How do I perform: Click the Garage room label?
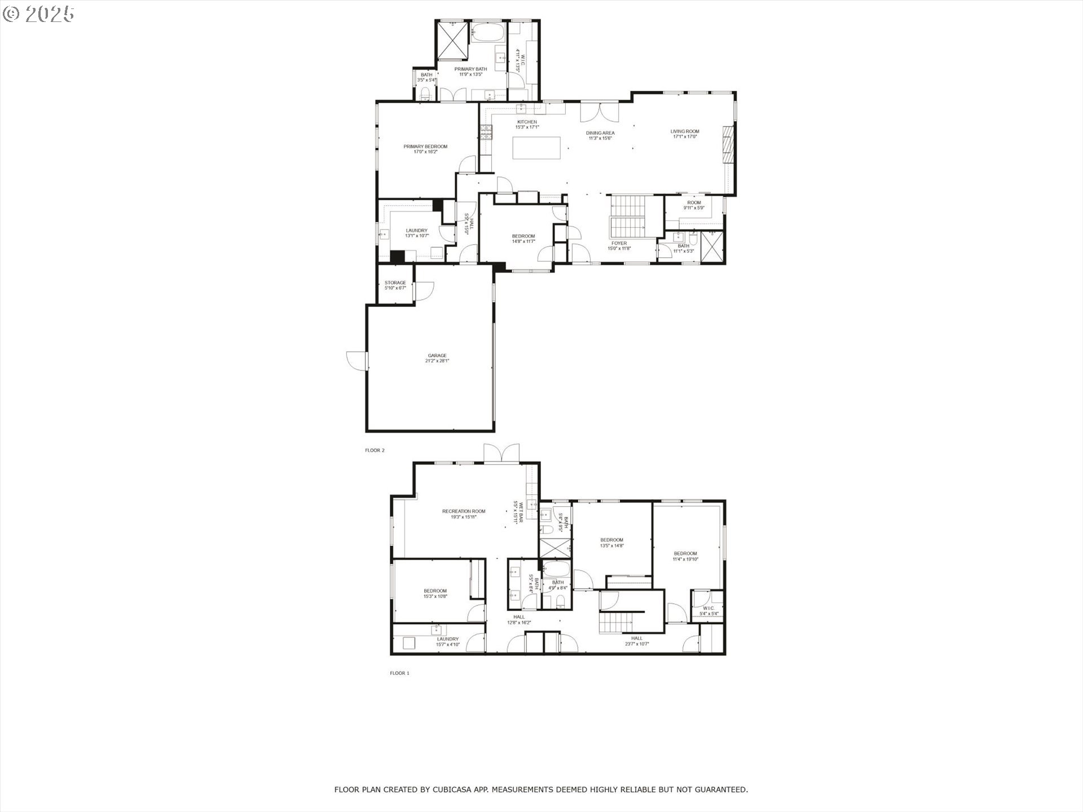tap(437, 358)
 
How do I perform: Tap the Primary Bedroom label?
tap(425, 149)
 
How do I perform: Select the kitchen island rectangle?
tap(536, 148)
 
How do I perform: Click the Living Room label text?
tap(685, 134)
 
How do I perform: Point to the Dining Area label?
tap(600, 135)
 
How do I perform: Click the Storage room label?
tap(395, 285)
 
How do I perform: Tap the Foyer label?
tap(619, 246)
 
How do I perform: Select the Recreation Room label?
tap(464, 514)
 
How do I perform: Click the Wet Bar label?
tap(518, 513)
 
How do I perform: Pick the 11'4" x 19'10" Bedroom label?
tap(685, 556)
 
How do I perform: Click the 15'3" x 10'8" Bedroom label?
tap(435, 593)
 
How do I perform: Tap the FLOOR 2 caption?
tap(375, 451)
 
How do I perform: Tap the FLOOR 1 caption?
tap(399, 673)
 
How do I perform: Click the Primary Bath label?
tap(470, 72)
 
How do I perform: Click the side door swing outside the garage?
tap(356, 360)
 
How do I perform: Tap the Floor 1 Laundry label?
tap(447, 642)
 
